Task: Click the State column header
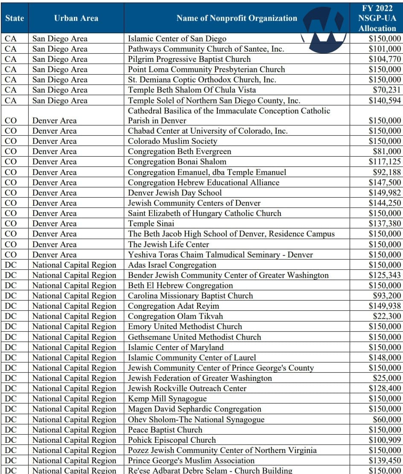tap(15, 18)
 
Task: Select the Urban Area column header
tap(76, 18)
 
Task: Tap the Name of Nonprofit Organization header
tap(237, 18)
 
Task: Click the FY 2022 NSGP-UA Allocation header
tap(377, 18)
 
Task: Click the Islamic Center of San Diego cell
tap(177, 39)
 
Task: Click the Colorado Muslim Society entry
tap(172, 141)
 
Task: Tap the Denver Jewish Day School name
tap(175, 193)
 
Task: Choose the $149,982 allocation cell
tap(385, 193)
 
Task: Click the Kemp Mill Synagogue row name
tap(167, 399)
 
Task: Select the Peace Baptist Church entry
tap(165, 430)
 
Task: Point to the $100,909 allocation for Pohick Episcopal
tap(385, 440)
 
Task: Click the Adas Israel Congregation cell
tap(172, 265)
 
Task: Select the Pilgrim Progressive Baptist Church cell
tap(189, 59)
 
